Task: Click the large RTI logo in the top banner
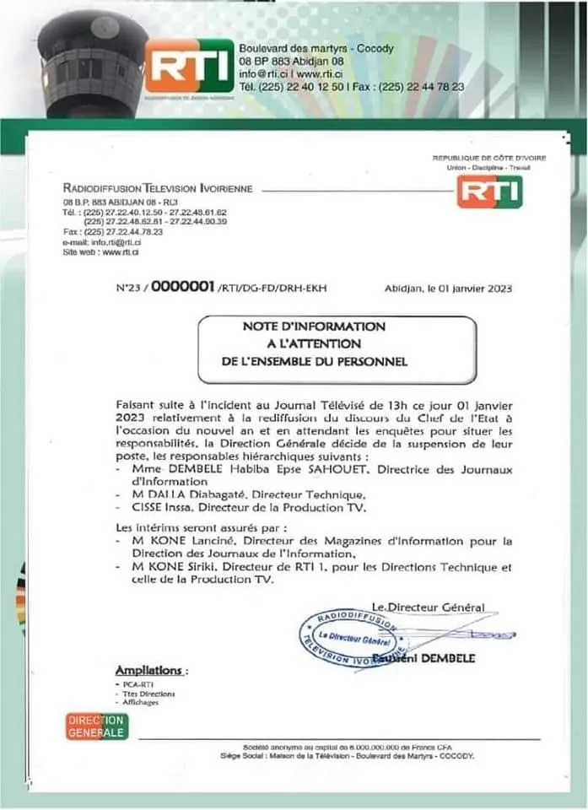tap(188, 66)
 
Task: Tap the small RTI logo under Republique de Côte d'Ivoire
tap(489, 192)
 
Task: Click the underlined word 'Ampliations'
tap(148, 670)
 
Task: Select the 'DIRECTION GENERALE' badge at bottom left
tap(97, 726)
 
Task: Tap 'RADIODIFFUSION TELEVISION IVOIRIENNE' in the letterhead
tap(158, 187)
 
